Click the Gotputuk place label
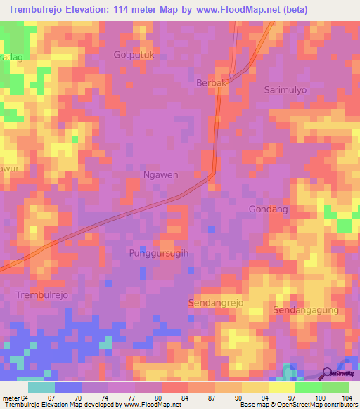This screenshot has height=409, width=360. (134, 54)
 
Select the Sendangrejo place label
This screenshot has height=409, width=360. (215, 302)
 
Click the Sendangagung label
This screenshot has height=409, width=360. (306, 310)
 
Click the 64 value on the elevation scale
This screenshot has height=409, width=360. (24, 398)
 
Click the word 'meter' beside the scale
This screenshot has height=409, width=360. (10, 398)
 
